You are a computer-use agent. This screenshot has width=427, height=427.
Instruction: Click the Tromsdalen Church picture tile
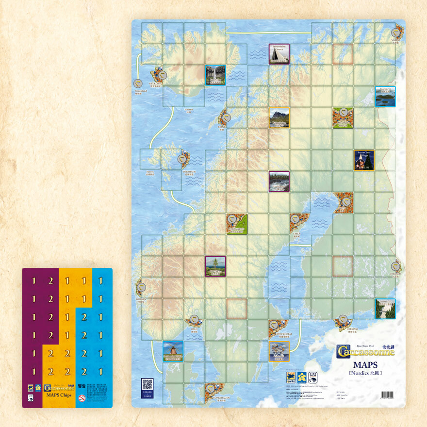pyautogui.click(x=279, y=54)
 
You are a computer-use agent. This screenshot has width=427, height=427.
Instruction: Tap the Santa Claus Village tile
pyautogui.click(x=364, y=160)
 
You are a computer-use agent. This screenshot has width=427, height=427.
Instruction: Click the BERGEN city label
pyautogui.click(x=141, y=299)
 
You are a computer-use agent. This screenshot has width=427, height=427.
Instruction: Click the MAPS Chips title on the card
pyautogui.click(x=60, y=394)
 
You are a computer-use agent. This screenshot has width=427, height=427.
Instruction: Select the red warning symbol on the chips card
pyautogui.click(x=82, y=398)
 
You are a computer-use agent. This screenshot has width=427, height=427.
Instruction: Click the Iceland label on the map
pyautogui.click(x=188, y=110)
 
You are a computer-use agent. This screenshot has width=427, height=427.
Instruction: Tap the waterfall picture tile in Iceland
pyautogui.click(x=215, y=75)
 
